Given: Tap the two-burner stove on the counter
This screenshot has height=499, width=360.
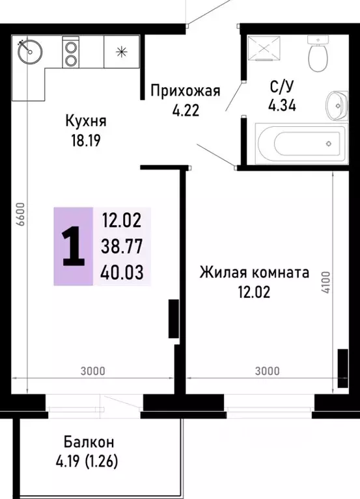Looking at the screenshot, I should (70, 51).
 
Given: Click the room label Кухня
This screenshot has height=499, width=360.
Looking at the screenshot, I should (85, 121).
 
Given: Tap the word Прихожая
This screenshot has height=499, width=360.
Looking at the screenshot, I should (186, 90).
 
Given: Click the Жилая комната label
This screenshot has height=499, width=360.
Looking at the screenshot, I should (254, 273).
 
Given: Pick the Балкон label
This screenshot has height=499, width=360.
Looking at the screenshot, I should (89, 442).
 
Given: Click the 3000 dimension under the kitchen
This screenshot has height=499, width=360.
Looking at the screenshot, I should (93, 371).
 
